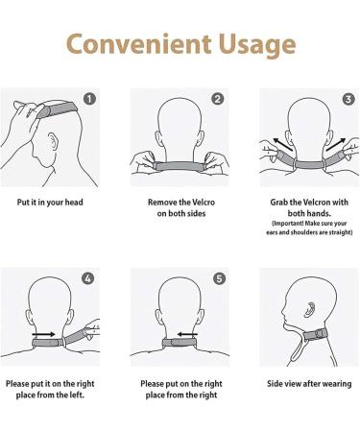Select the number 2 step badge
[x=218, y=99]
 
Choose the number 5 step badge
[x=218, y=278]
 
